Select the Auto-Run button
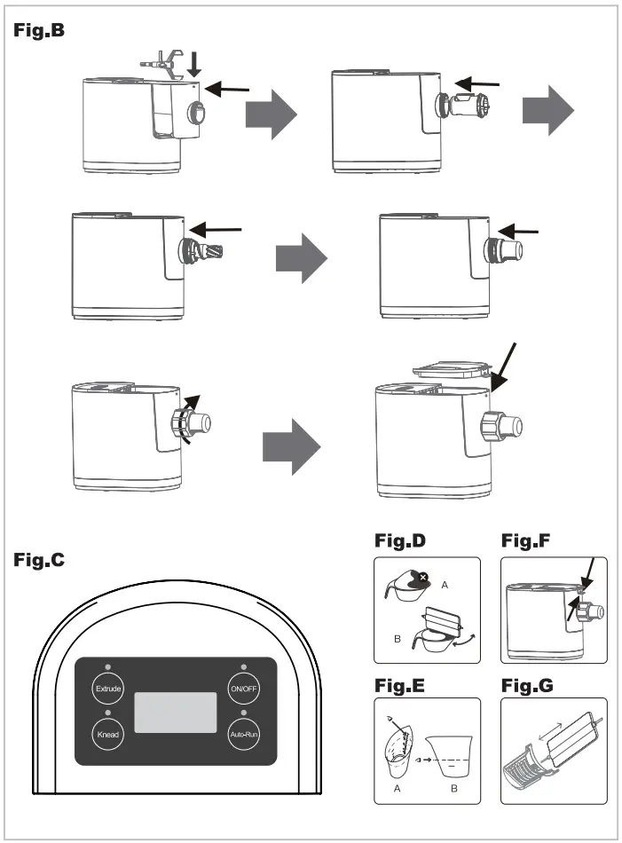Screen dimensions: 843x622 click(243, 735)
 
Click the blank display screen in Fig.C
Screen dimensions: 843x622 click(176, 713)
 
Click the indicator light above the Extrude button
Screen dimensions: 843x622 click(107, 666)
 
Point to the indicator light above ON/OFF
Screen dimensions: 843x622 click(243, 666)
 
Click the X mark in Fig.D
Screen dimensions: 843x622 click(422, 577)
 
